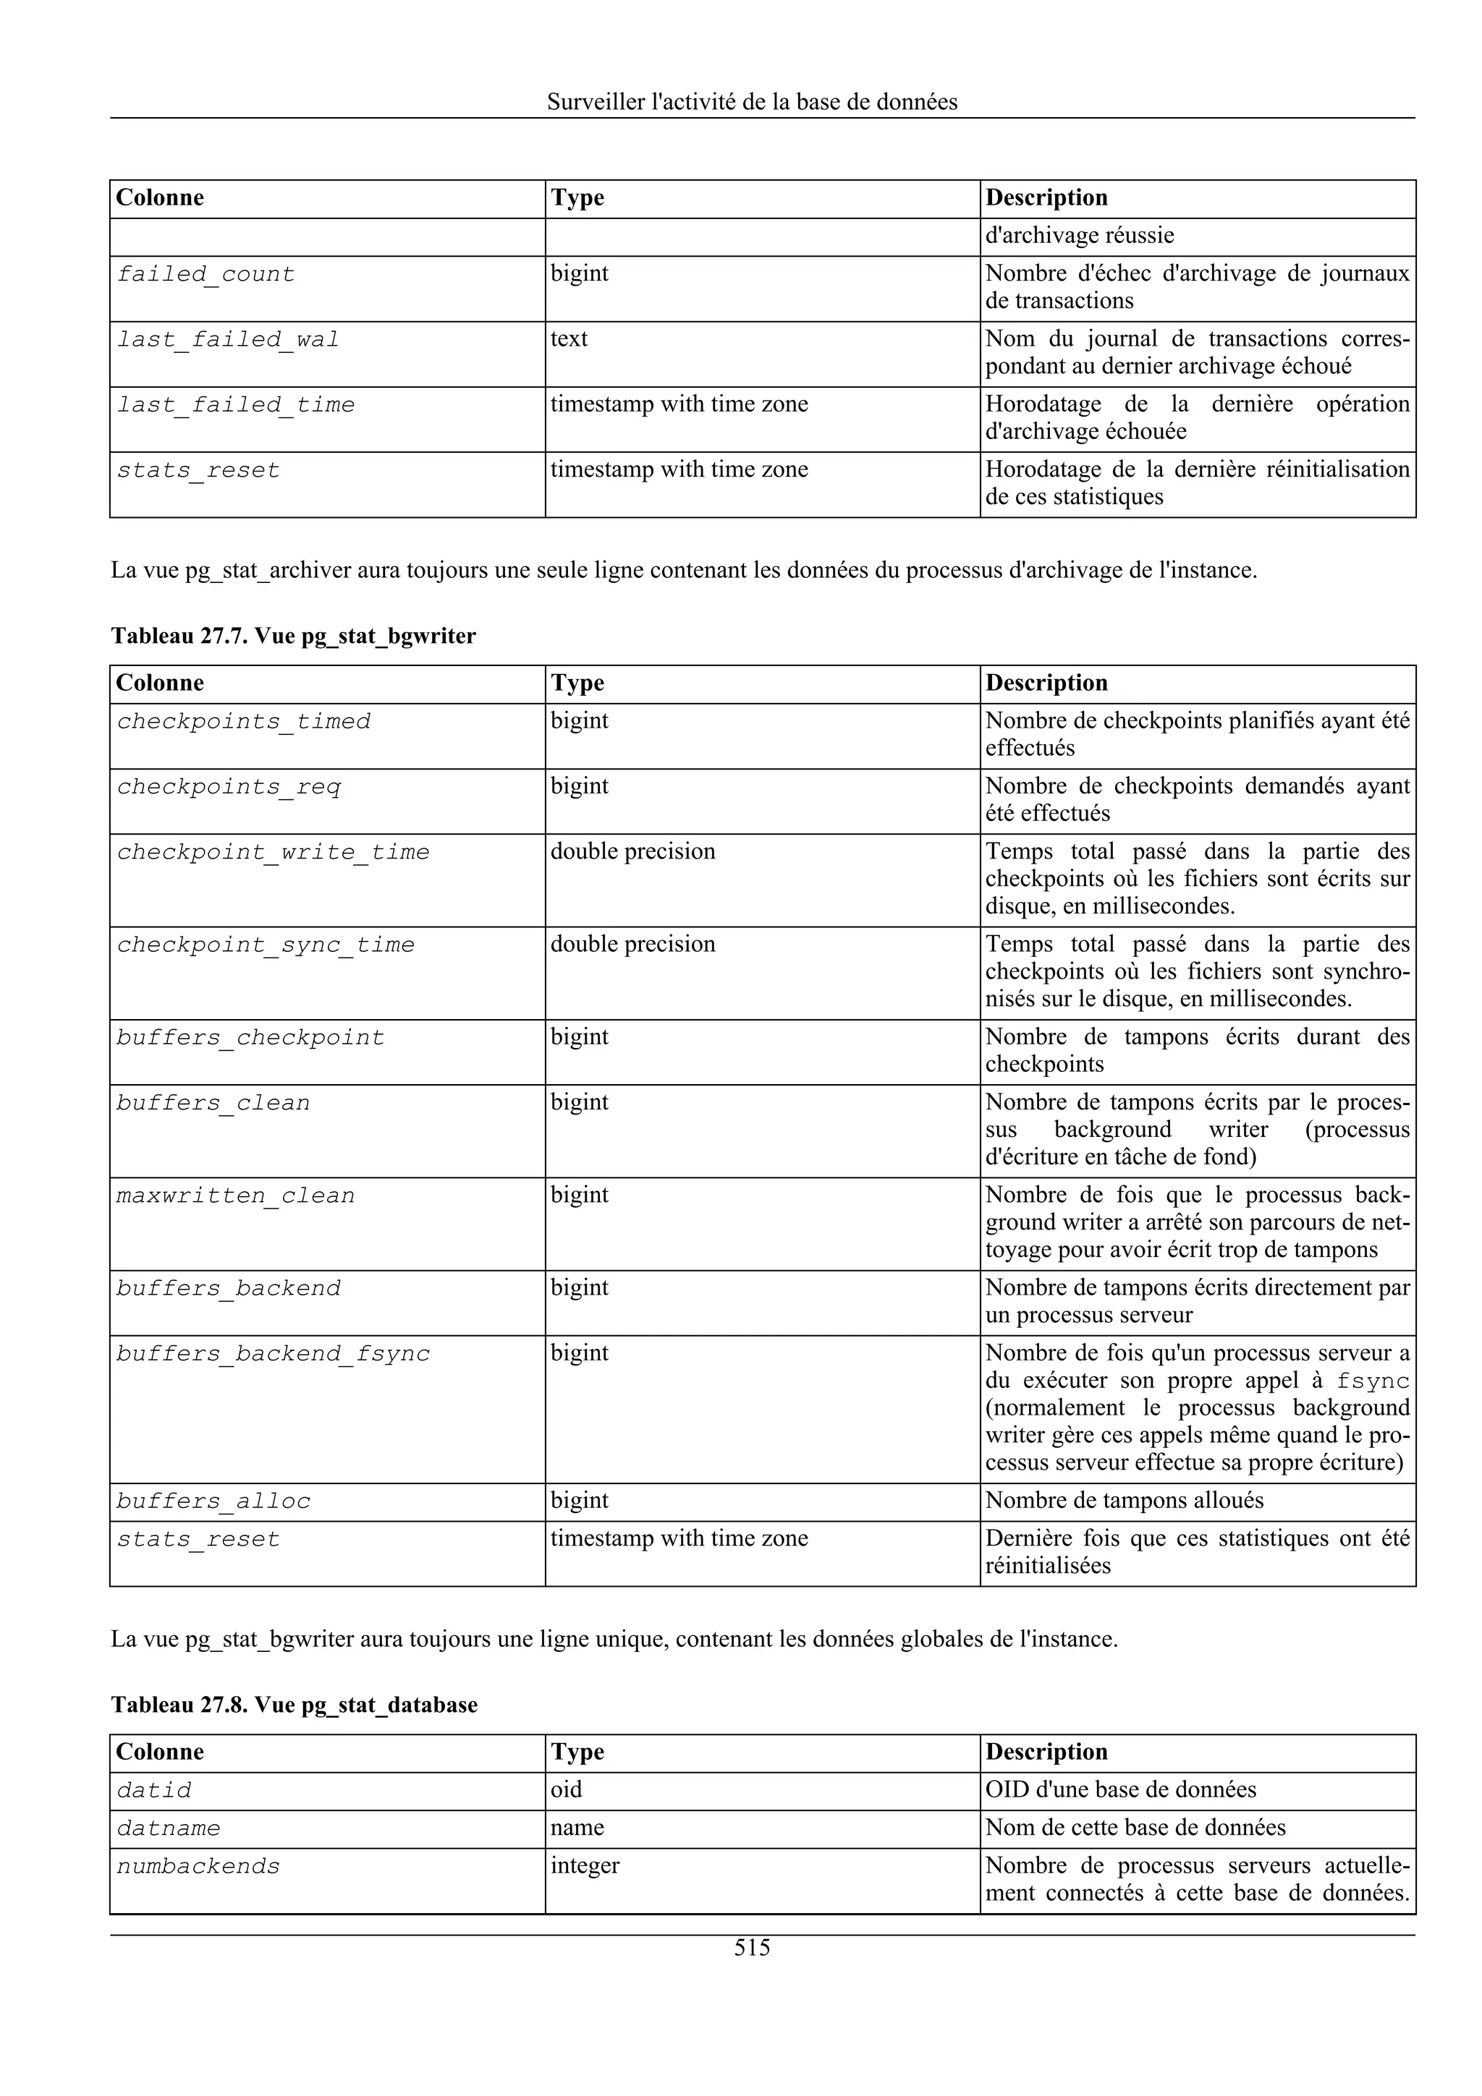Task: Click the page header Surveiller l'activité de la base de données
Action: (x=752, y=102)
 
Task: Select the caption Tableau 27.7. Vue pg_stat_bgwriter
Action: (x=293, y=636)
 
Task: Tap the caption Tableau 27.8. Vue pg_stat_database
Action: (x=294, y=1705)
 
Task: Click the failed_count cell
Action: (x=206, y=274)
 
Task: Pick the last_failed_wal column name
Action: (x=227, y=340)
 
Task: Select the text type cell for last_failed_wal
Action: (x=569, y=338)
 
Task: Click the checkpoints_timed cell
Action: (x=243, y=721)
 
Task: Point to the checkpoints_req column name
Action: (x=228, y=787)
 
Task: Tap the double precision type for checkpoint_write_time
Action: (x=632, y=852)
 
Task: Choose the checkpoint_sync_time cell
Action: (x=265, y=945)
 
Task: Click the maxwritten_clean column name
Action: (x=234, y=1196)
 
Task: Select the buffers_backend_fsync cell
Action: (x=272, y=1354)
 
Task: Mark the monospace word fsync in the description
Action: (x=1373, y=1381)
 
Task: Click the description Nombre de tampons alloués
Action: (x=1124, y=1501)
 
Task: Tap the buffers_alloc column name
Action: (x=213, y=1501)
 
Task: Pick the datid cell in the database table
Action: (x=153, y=1791)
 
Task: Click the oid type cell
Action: (x=566, y=1789)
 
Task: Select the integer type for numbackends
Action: (x=585, y=1866)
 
